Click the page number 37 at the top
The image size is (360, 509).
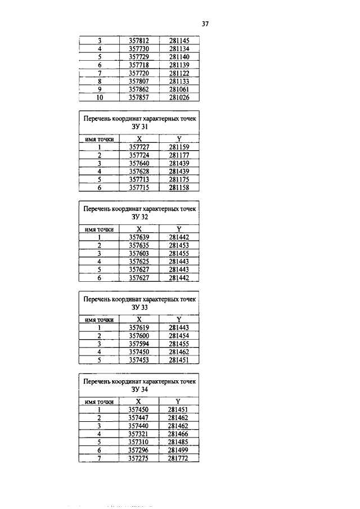tap(205, 24)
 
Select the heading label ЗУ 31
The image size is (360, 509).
tap(139, 128)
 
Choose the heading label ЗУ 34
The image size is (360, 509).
tap(139, 390)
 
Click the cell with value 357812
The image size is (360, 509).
tap(138, 40)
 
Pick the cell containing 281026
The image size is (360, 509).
tap(179, 97)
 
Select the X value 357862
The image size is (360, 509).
tap(138, 89)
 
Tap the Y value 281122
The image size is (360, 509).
tap(179, 73)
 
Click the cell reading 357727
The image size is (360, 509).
tap(138, 147)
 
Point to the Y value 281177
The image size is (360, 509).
tap(179, 155)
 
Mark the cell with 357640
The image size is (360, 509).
tap(138, 163)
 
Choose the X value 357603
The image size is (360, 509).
tap(138, 253)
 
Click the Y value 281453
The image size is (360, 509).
tap(179, 245)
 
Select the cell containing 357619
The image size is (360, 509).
tap(138, 327)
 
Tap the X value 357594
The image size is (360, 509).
tap(138, 343)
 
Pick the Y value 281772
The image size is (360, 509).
tap(179, 458)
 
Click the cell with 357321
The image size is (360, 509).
tap(138, 434)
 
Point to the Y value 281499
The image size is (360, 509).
tap(179, 451)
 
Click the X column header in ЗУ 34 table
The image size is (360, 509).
tap(138, 402)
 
